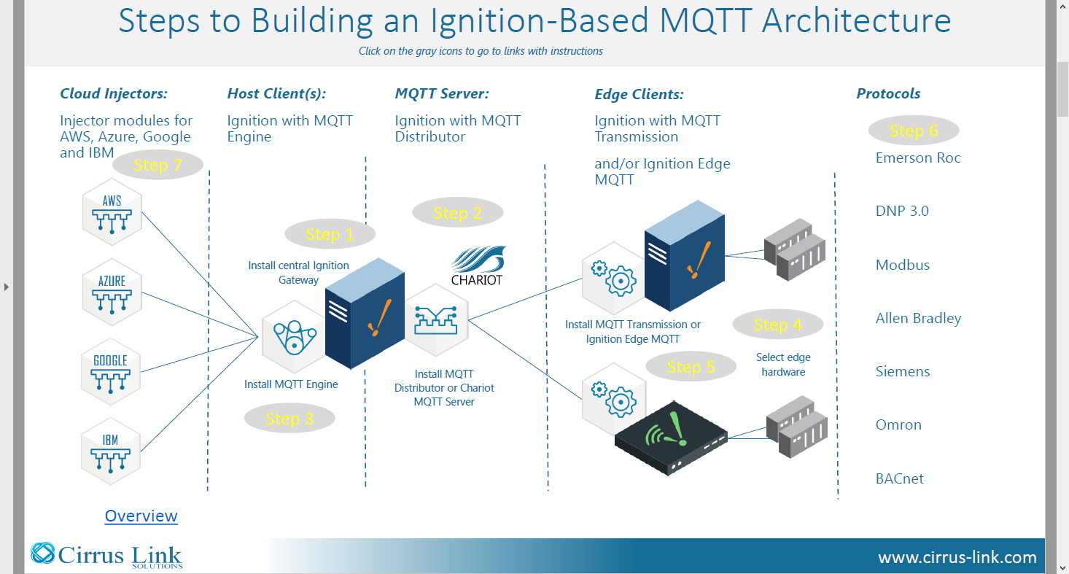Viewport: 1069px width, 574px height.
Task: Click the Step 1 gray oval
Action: (x=330, y=234)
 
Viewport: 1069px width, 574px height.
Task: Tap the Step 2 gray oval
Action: (x=458, y=212)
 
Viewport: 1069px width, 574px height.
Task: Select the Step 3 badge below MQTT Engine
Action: (x=289, y=419)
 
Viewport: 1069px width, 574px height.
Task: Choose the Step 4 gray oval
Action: (x=778, y=325)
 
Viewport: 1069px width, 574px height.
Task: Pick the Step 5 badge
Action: (x=691, y=366)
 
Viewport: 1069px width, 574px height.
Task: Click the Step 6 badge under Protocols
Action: (x=914, y=131)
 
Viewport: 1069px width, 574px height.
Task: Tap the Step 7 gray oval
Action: (x=158, y=165)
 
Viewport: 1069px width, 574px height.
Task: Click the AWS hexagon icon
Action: (x=112, y=212)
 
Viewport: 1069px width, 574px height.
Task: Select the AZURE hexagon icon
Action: (x=112, y=292)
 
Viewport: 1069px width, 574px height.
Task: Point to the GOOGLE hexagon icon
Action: (x=111, y=372)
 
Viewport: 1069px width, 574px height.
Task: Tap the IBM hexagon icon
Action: (x=111, y=452)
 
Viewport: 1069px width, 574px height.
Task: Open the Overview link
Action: (x=141, y=516)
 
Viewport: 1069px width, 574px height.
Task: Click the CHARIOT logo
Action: (x=478, y=265)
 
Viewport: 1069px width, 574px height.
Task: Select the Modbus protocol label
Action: (x=903, y=265)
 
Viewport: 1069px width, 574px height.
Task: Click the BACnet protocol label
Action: (x=900, y=478)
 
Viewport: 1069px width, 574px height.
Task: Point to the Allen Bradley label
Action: (x=918, y=318)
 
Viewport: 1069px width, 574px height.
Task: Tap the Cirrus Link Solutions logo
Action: (x=106, y=556)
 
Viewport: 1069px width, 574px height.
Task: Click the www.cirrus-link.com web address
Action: (x=957, y=557)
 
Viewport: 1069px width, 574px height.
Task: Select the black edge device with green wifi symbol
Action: (x=671, y=438)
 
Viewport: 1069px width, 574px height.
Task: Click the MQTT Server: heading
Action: (x=442, y=93)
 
